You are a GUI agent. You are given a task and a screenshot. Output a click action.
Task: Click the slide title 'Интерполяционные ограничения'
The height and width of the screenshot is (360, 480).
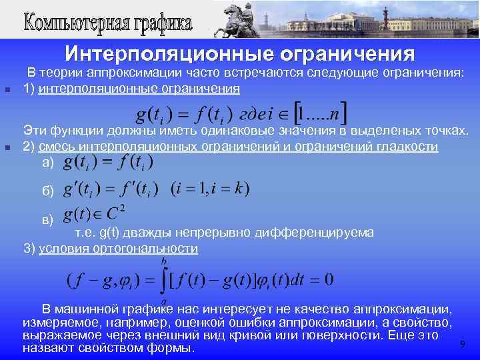239,53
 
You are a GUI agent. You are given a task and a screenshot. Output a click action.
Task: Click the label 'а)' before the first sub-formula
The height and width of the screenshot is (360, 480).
47,162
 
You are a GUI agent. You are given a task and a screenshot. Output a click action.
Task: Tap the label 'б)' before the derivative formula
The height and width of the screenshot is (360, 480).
47,191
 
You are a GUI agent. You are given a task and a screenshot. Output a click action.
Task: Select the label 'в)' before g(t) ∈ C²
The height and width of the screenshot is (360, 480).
47,219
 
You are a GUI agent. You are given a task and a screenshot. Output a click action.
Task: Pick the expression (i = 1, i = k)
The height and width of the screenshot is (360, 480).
210,189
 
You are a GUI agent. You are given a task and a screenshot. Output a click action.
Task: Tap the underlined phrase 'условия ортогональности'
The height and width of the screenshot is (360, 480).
119,249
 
